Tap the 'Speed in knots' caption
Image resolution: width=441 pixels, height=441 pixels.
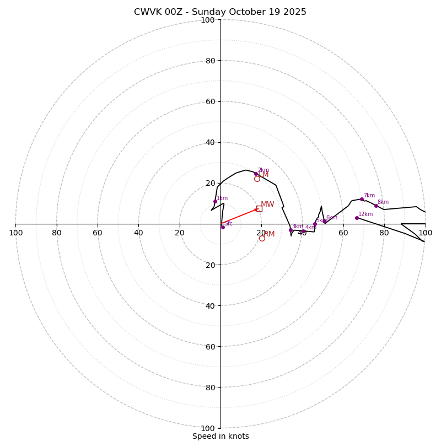(x=220, y=436)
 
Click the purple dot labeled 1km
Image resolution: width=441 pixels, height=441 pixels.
(x=215, y=201)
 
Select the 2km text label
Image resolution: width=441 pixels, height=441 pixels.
(x=263, y=170)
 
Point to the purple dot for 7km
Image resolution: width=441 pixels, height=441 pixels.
(x=362, y=199)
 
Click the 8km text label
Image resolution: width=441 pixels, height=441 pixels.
(x=383, y=202)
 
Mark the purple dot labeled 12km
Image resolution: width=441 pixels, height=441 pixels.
(x=357, y=218)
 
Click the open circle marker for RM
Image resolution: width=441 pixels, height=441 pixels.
(x=262, y=238)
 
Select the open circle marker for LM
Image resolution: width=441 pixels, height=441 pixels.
(x=257, y=179)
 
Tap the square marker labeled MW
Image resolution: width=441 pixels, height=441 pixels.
(x=259, y=208)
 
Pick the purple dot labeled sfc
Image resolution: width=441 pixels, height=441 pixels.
(x=223, y=227)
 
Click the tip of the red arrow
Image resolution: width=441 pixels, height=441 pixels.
(x=259, y=208)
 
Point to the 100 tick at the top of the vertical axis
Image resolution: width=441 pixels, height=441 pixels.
(x=208, y=20)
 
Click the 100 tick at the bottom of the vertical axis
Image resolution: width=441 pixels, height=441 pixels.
(x=208, y=428)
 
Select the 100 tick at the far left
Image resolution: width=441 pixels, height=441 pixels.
(x=15, y=233)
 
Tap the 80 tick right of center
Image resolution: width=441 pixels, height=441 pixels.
(x=384, y=233)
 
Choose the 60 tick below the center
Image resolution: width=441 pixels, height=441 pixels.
(x=210, y=347)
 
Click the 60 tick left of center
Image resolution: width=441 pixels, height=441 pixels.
(x=98, y=233)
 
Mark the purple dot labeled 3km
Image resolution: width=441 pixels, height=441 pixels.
(x=291, y=230)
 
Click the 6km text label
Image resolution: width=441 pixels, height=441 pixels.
(x=332, y=218)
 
